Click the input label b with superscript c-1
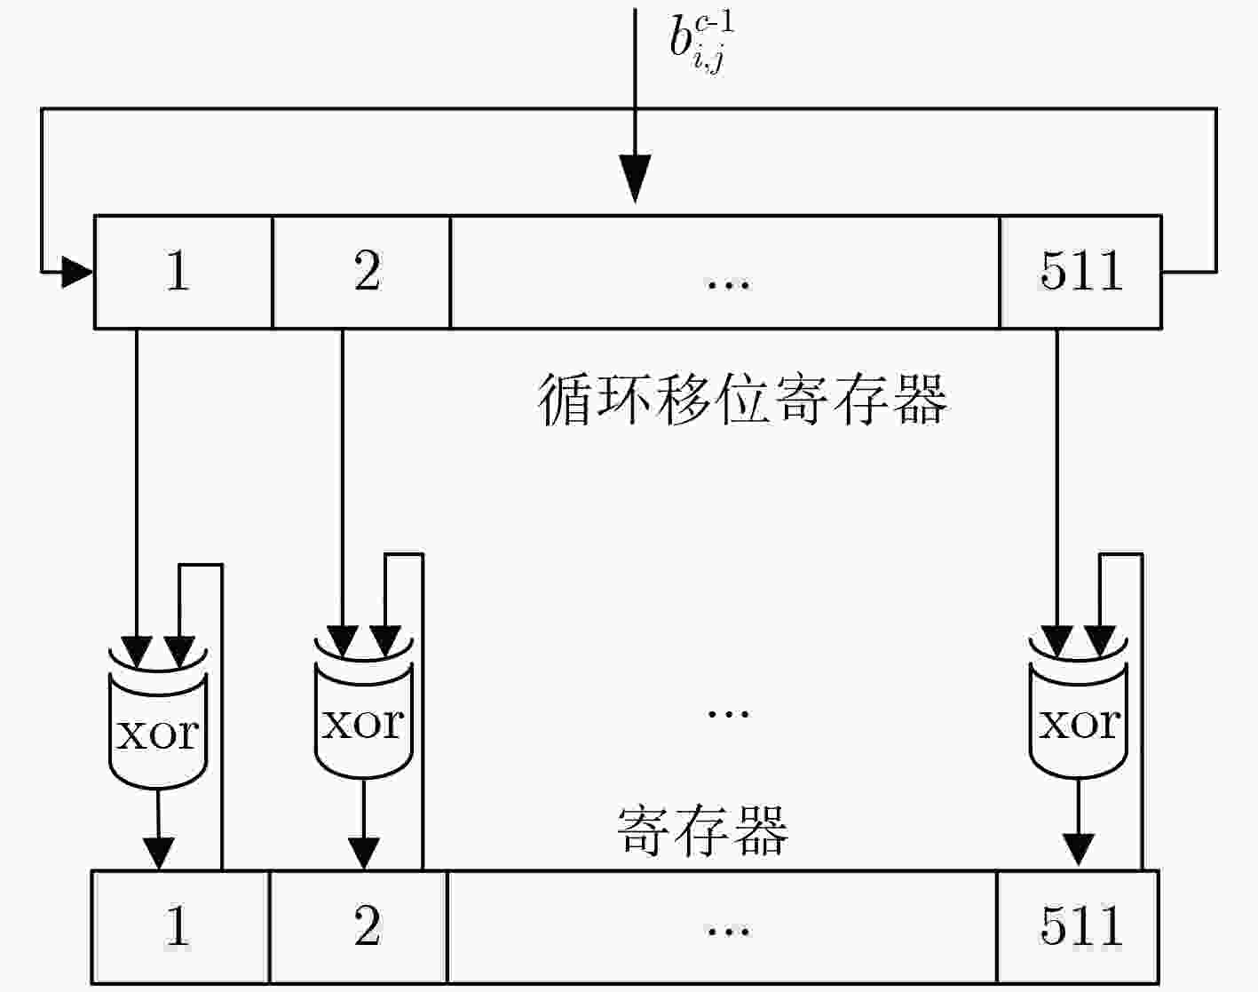coord(700,42)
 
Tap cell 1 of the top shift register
coord(184,272)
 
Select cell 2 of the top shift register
coord(362,272)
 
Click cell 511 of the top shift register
coord(1080,272)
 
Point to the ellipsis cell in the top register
coord(725,272)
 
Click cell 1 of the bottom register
coord(180,927)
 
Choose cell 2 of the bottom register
coord(359,927)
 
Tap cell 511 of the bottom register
coord(1078,927)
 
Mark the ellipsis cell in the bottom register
coord(723,927)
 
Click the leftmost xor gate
coord(158,718)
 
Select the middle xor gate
coord(364,708)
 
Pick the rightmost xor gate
coord(1078,708)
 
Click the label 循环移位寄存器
coord(741,400)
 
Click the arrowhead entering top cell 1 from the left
coord(77,272)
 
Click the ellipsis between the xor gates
coord(728,714)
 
